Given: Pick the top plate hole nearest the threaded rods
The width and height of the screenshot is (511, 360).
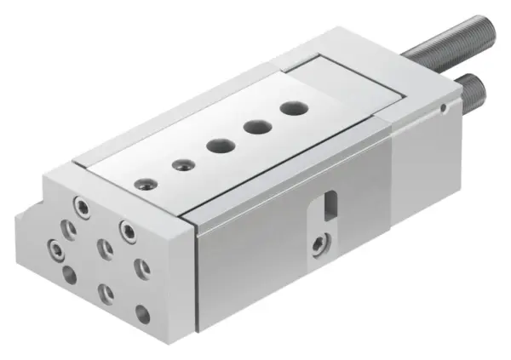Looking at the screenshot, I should pos(295,108).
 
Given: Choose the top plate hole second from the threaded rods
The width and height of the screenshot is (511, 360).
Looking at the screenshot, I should pos(255,126).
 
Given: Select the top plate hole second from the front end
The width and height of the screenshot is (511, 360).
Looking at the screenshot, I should pos(180,164).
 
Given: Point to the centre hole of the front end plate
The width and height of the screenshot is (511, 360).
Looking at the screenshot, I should pos(105,249).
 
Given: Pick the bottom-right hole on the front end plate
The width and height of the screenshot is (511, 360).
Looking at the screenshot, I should pos(142,315).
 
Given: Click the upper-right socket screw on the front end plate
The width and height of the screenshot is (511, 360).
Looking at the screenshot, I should pos(128,229).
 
